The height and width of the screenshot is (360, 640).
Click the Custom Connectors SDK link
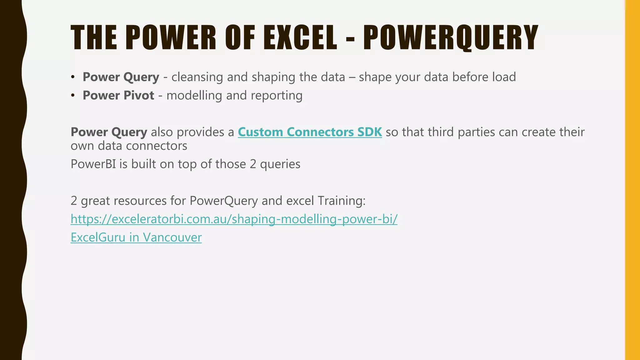310,132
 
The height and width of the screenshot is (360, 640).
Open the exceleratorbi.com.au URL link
234,219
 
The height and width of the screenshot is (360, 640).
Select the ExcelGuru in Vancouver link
136,237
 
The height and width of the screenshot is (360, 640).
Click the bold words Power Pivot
118,95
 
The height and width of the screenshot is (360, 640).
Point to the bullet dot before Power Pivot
73,96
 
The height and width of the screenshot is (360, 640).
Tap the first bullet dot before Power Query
73,77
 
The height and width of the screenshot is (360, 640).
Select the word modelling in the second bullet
194,95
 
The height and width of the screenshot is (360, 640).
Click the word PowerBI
93,164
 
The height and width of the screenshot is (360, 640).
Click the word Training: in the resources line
341,201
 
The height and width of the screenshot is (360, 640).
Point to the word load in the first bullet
504,77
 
